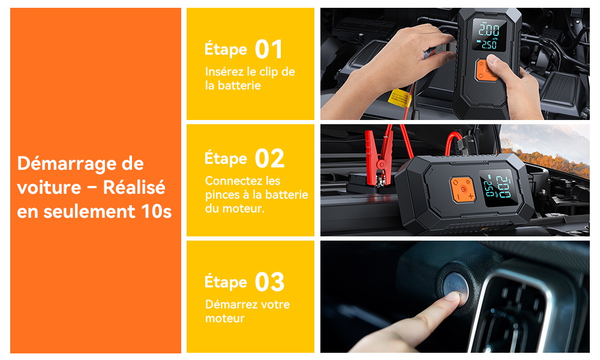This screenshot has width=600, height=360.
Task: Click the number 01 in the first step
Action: [269, 49]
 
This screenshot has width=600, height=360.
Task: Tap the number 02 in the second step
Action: [270, 158]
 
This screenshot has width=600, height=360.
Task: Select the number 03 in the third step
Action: [270, 282]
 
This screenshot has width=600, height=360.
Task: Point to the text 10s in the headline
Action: [157, 211]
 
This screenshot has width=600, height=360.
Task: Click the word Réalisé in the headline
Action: [134, 187]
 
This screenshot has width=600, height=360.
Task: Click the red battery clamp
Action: [378, 157]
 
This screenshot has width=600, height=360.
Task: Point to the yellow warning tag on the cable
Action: [399, 97]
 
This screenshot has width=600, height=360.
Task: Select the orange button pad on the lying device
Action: [462, 190]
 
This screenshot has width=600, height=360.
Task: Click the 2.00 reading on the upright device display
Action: [490, 30]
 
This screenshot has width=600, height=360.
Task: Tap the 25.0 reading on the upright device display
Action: [490, 45]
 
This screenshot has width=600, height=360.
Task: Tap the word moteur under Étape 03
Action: [224, 318]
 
